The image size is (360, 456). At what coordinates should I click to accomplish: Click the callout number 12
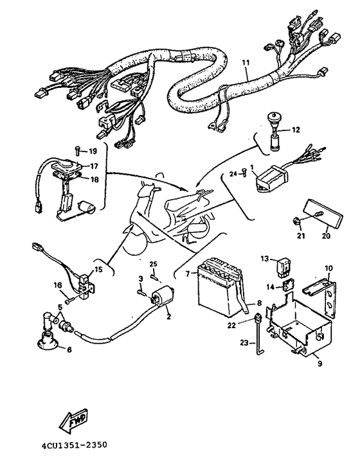(x=296, y=130)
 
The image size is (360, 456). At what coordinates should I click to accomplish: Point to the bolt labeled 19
(x=76, y=152)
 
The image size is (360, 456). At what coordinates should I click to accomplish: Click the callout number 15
(x=98, y=270)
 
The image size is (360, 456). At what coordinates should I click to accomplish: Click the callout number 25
(x=154, y=265)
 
